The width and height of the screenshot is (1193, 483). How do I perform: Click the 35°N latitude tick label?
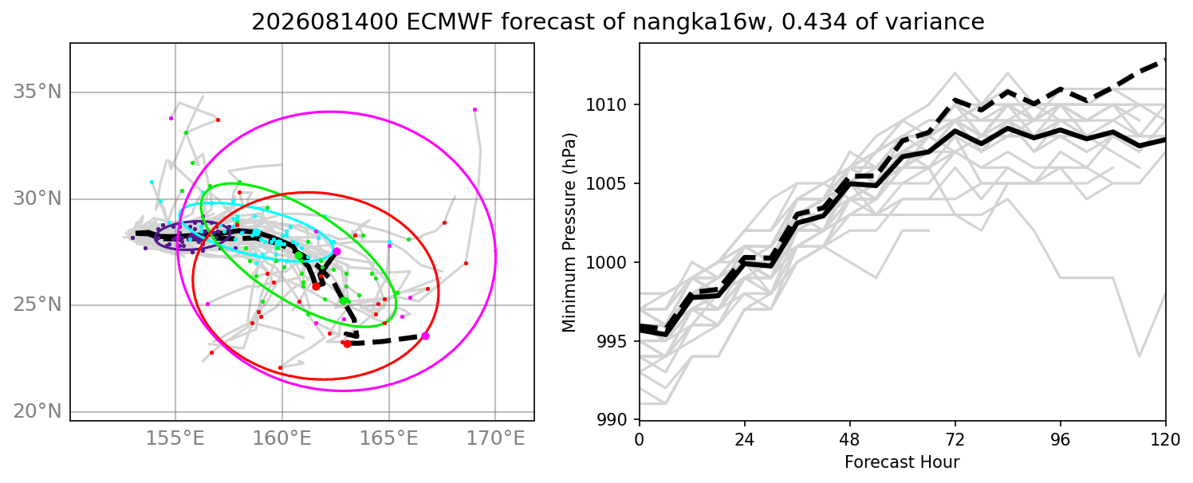37,92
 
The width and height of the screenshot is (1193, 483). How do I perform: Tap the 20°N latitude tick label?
37,411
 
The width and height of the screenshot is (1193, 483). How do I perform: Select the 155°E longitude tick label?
175,439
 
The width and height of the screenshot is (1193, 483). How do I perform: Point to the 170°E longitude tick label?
496,439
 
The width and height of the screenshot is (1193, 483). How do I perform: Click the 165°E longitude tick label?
389,439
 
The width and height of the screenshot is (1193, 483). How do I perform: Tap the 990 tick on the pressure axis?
610,420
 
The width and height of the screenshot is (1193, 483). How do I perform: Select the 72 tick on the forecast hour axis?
955,440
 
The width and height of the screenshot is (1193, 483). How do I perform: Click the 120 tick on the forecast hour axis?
1165,440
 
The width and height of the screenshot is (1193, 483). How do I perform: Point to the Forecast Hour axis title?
902,462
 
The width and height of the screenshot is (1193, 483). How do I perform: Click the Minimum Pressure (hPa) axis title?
569,232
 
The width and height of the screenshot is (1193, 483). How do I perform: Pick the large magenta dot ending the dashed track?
425,336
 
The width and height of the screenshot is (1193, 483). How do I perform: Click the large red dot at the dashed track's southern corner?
347,344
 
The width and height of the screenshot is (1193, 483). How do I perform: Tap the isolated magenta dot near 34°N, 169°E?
474,110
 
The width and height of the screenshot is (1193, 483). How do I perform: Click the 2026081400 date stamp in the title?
325,22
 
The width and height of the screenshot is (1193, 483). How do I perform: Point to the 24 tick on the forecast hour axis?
745,440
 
